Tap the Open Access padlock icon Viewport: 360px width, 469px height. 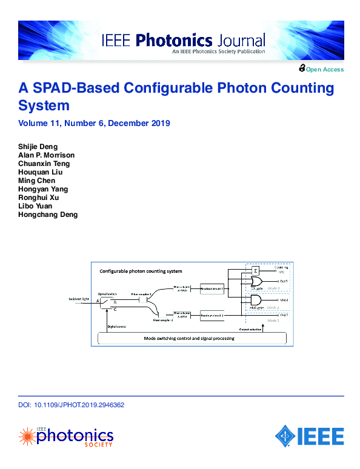tap(301, 68)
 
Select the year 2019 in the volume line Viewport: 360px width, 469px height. tap(160, 123)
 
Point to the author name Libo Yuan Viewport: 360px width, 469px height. tap(36, 206)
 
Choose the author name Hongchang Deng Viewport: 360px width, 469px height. tap(48, 215)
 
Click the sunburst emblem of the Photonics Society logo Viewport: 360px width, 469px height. tap(27, 436)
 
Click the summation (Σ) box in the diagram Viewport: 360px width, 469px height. tap(256, 270)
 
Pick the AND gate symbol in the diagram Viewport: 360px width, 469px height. tap(256, 301)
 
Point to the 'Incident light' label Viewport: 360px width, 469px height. tap(79, 299)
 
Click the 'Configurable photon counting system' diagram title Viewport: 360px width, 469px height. tap(141, 271)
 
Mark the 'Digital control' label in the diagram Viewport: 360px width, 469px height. tap(116, 325)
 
